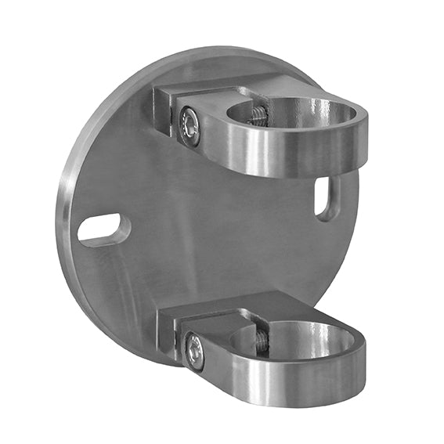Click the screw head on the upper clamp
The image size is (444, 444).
point(190,125)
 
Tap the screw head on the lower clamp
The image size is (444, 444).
point(193,352)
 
